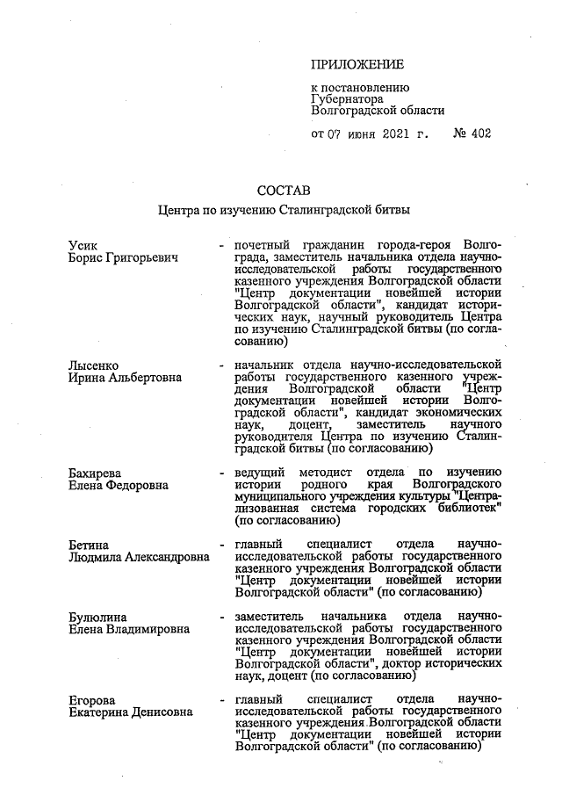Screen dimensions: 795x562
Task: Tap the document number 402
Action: coord(479,134)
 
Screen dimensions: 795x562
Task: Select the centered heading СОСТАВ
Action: coord(284,191)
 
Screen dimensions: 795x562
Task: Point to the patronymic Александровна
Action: coord(167,558)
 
